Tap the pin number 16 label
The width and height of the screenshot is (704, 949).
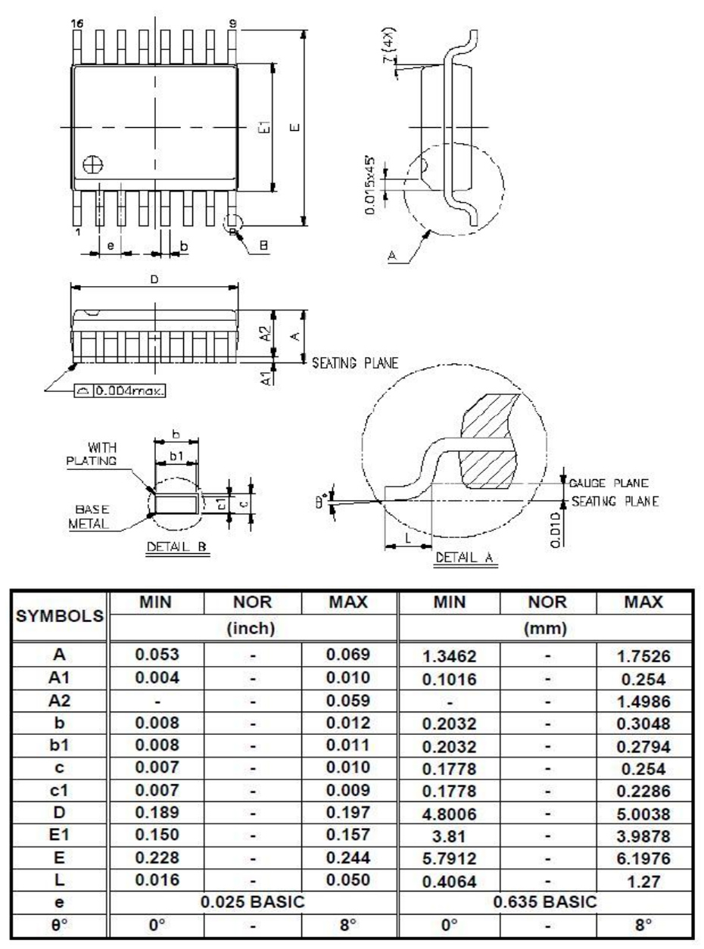coord(73,23)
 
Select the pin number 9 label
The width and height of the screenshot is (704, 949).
coord(232,23)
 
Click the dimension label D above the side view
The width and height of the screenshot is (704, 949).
coord(154,279)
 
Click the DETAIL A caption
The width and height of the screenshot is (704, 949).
coord(465,558)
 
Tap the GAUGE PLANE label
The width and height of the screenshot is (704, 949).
coord(604,483)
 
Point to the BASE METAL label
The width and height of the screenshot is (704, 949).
coord(90,517)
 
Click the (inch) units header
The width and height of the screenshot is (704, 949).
coord(254,627)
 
